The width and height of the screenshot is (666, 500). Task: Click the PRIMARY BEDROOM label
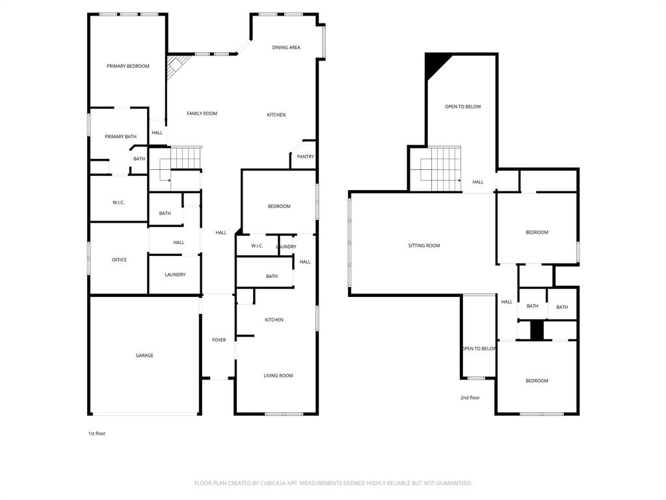[x=128, y=66]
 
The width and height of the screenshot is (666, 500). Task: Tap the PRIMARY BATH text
[x=121, y=136]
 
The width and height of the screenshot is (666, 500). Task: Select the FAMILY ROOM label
[x=202, y=113]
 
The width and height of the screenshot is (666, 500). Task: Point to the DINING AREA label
[x=286, y=48]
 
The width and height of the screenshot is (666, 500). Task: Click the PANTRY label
[x=305, y=156]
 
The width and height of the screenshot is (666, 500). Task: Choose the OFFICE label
[x=119, y=260]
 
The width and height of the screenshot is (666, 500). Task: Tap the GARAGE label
[x=144, y=355]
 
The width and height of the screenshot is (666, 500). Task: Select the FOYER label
[x=219, y=340]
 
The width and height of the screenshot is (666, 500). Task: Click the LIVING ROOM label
[x=278, y=376]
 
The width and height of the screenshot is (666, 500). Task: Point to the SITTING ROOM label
[x=424, y=245]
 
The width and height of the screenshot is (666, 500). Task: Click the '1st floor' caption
[x=96, y=434]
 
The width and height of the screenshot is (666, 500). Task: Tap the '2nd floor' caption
[x=470, y=397]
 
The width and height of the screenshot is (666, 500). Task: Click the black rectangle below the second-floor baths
[x=537, y=330]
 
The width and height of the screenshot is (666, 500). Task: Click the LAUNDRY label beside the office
[x=175, y=275]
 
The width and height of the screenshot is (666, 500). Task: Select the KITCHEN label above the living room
[x=274, y=320]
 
